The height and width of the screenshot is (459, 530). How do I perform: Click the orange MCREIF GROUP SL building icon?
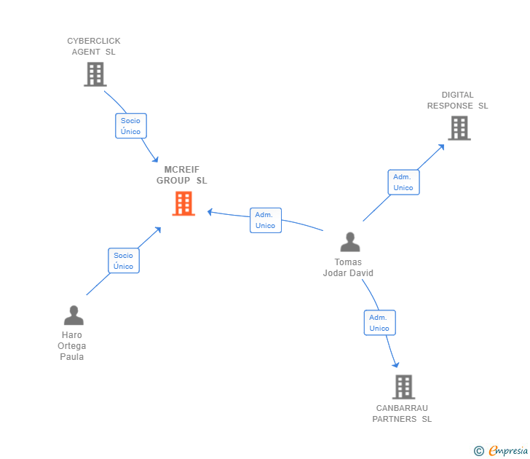(x=183, y=203)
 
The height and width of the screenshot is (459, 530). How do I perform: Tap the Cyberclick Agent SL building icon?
(x=95, y=74)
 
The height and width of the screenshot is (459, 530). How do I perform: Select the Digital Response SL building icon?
(x=459, y=128)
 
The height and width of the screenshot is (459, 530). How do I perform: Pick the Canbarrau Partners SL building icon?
(x=403, y=387)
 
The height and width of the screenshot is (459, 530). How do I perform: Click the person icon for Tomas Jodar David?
(x=349, y=242)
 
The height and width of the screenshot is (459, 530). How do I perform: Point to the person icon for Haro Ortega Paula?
(x=74, y=315)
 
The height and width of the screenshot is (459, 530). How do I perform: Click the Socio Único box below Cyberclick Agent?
(x=131, y=125)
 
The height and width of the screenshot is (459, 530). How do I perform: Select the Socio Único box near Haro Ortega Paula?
(x=124, y=261)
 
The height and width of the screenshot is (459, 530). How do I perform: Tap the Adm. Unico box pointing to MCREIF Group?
(x=265, y=220)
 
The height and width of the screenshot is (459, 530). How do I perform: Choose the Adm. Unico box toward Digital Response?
(x=403, y=182)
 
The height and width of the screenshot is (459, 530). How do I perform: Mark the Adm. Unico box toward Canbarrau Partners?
(x=379, y=323)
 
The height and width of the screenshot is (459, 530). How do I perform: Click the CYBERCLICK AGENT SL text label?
(x=94, y=46)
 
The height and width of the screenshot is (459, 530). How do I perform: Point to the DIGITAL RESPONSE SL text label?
(x=457, y=100)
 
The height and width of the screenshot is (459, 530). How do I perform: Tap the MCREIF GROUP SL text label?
(x=182, y=175)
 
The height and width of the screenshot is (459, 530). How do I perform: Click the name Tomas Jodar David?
(x=348, y=267)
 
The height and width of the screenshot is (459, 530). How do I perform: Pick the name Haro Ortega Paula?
(x=72, y=346)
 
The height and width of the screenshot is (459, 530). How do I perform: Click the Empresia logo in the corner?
(x=502, y=451)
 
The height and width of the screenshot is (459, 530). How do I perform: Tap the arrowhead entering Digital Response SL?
(x=442, y=146)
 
